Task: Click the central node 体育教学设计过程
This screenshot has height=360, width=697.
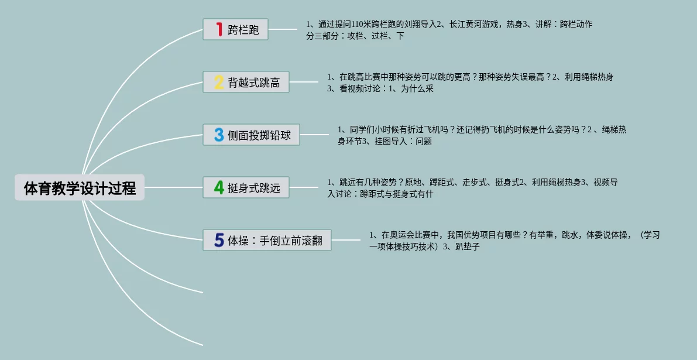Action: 80,188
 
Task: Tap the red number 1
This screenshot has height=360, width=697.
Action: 219,29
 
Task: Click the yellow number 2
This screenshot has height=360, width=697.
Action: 219,82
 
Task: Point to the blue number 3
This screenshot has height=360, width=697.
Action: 219,135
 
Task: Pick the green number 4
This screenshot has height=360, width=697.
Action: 219,187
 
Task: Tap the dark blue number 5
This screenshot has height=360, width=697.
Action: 219,240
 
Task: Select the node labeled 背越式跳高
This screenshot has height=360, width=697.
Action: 254,83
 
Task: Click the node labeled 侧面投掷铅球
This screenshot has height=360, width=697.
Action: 259,135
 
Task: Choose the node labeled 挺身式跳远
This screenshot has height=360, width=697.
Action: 254,188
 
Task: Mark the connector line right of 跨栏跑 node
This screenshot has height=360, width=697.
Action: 283,29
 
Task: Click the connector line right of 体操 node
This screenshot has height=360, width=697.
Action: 346,240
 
